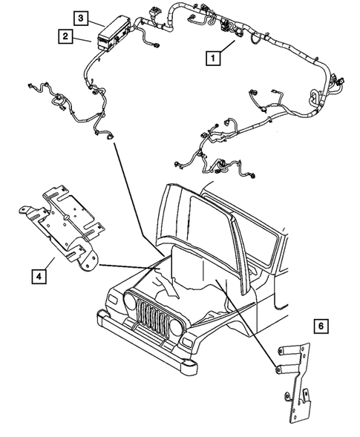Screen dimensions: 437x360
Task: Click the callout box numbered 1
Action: tap(214, 57)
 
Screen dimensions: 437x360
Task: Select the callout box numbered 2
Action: tap(67, 36)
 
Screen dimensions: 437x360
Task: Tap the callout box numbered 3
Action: tap(80, 17)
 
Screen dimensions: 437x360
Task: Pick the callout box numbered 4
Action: tap(36, 277)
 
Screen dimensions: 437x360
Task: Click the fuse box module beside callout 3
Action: tap(113, 33)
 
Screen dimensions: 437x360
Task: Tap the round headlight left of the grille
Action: tap(132, 303)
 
